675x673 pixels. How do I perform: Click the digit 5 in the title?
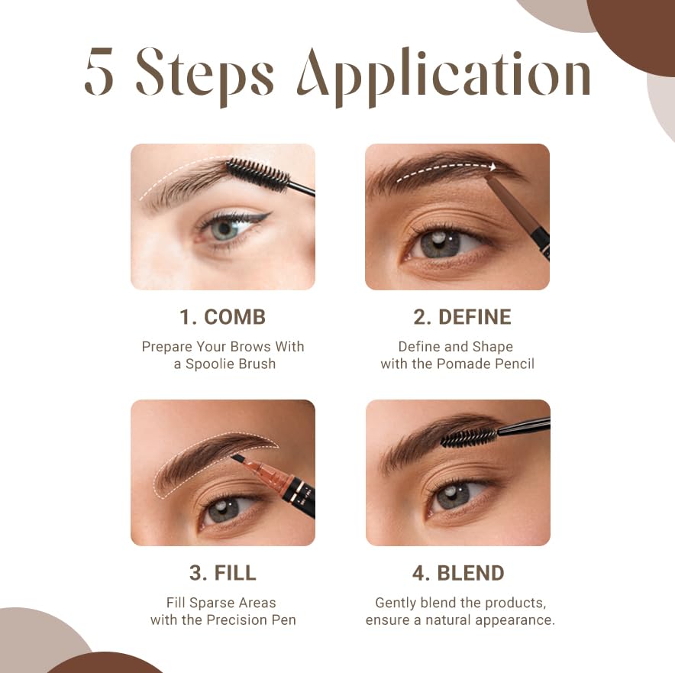(99, 71)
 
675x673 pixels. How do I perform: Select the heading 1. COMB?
(222, 317)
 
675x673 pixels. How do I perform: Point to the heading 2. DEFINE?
(462, 317)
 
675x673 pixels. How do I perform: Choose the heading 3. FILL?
(222, 573)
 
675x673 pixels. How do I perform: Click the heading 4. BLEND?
(458, 573)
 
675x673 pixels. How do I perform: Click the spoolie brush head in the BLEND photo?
(470, 438)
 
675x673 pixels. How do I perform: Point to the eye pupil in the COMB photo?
(224, 228)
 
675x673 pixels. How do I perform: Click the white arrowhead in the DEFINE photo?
(493, 167)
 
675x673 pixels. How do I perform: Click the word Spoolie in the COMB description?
(208, 364)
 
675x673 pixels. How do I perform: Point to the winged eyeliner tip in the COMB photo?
(270, 214)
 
